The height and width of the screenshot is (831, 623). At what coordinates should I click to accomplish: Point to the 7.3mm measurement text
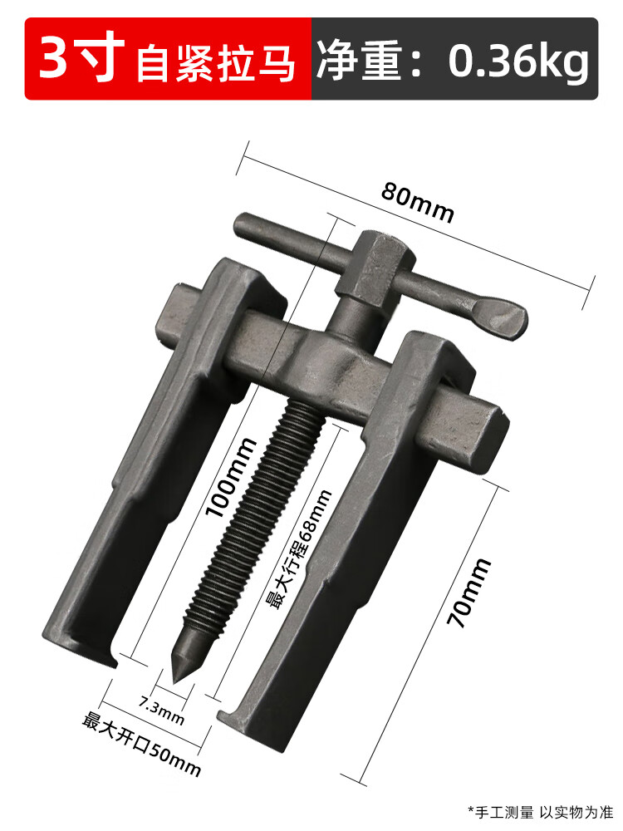[x=161, y=707]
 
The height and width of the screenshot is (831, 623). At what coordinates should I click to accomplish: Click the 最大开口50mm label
[x=141, y=743]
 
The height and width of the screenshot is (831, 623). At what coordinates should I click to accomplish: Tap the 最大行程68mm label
[x=297, y=548]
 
